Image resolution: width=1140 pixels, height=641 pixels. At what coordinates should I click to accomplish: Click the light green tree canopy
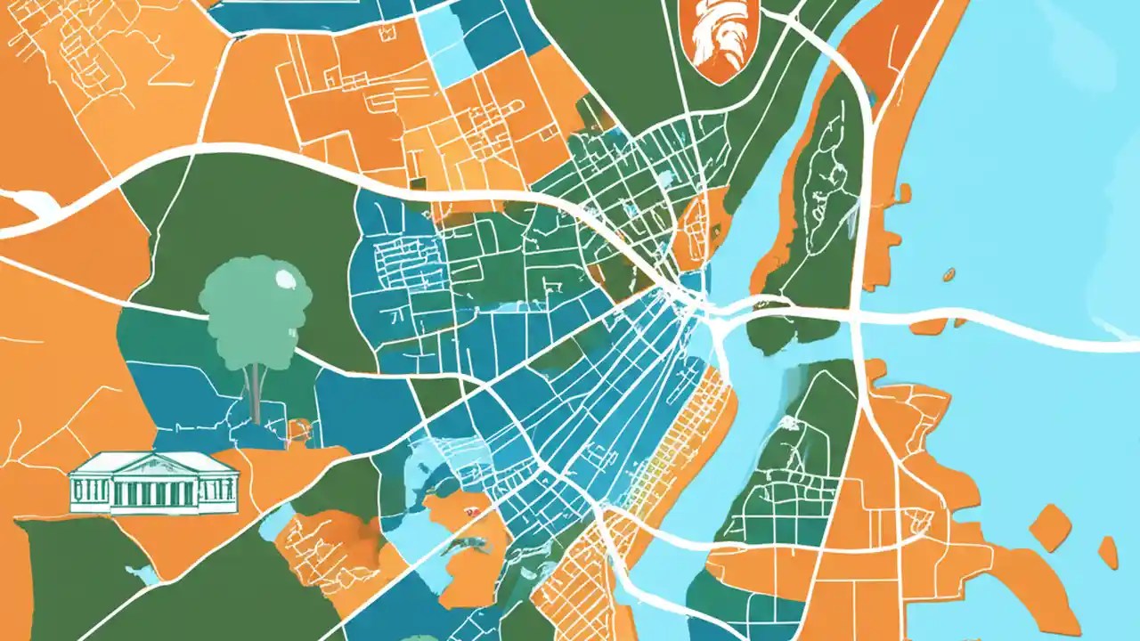coord(254,303)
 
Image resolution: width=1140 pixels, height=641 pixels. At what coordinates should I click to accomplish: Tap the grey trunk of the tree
coord(256,392)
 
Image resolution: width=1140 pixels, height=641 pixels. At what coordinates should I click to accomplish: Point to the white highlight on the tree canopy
coord(286,280)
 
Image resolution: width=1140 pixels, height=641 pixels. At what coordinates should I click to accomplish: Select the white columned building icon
coord(153,483)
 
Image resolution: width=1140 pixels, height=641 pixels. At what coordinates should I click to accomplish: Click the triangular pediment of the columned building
coord(153,462)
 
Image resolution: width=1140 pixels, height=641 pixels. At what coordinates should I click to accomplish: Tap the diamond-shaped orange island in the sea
coord(1050,527)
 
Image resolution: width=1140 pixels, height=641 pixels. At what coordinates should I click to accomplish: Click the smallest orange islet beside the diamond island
coord(1107,551)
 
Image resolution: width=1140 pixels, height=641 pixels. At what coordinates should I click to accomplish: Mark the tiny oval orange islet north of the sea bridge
coord(949,274)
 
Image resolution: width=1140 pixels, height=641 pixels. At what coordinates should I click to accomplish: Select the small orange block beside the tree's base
coord(298,430)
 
